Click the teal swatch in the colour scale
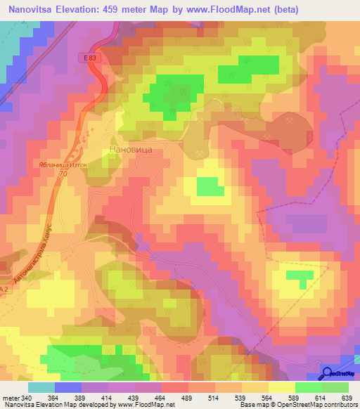click(41, 387)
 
